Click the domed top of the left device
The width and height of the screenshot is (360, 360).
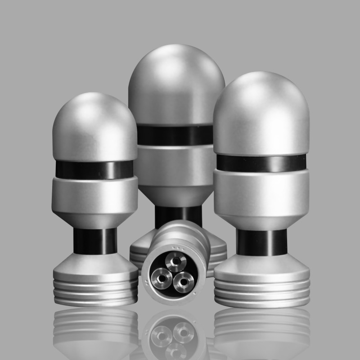coord(94,121)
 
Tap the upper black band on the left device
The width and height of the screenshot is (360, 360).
coord(94,169)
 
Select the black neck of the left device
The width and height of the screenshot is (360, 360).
coord(95,241)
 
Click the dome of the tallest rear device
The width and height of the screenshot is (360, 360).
coord(176,85)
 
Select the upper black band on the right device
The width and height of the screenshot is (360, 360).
coord(261,163)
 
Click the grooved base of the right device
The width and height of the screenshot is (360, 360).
coord(262,288)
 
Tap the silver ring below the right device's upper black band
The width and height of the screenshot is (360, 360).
coord(261,191)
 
